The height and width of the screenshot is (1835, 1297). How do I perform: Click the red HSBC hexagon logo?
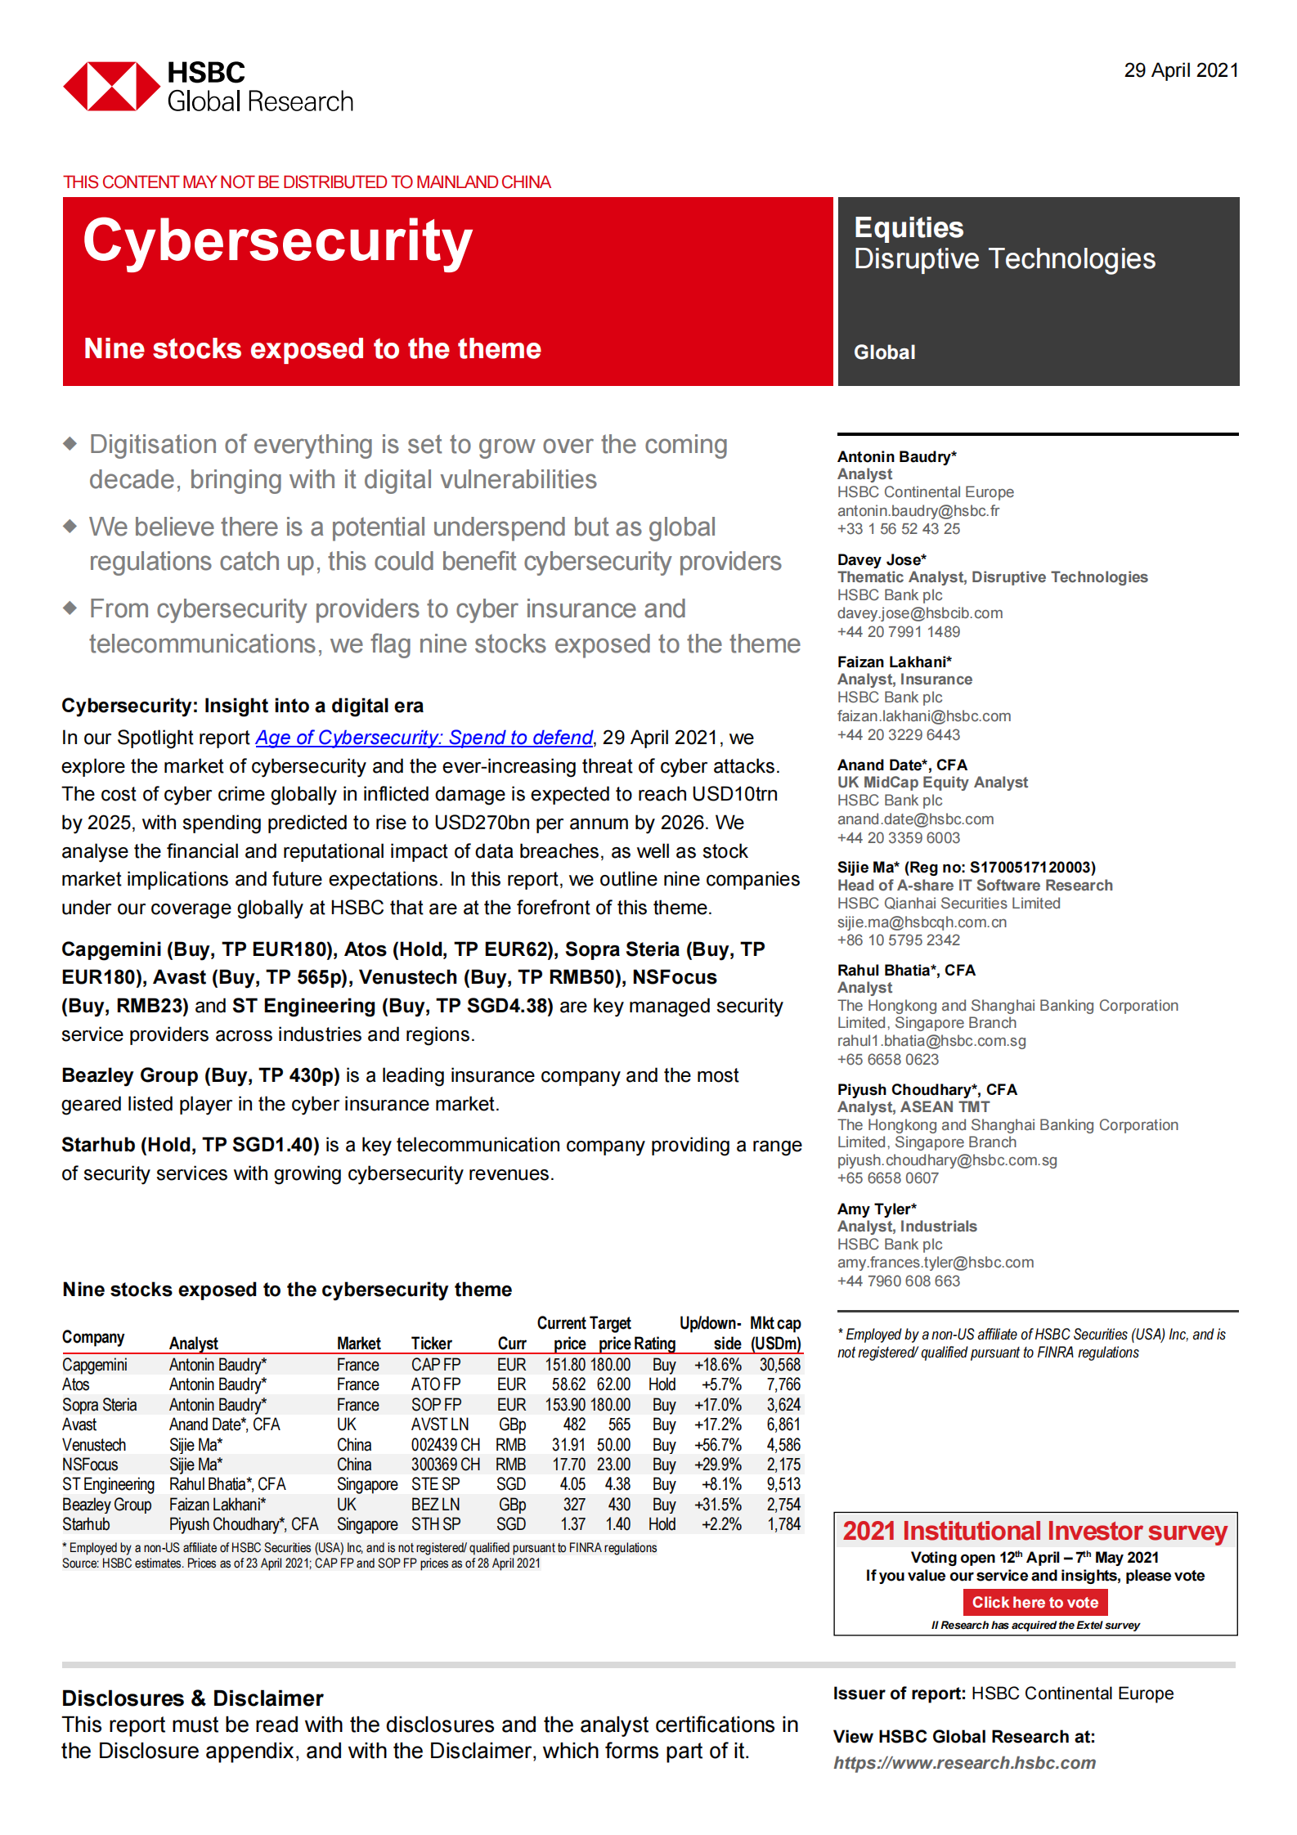pos(111,86)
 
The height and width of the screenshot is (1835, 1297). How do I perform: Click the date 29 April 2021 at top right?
pos(1180,70)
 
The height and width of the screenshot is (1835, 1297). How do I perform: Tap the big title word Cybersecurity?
pos(277,241)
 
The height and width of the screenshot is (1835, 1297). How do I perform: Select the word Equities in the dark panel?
pos(908,227)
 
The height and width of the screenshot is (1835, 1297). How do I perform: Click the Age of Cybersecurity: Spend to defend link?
pos(424,738)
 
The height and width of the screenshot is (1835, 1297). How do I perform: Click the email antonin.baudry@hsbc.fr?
pos(918,511)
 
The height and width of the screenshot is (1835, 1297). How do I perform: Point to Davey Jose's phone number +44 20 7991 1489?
pos(898,632)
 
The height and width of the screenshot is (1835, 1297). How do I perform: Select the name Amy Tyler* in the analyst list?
pos(876,1209)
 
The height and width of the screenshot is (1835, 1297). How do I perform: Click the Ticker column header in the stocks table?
pos(431,1344)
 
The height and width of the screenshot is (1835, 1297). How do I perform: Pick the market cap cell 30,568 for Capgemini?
pos(779,1365)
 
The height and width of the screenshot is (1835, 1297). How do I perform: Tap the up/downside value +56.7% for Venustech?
pos(717,1445)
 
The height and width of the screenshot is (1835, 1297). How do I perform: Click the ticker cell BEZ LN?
pos(435,1505)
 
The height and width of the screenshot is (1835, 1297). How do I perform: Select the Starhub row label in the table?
pos(86,1524)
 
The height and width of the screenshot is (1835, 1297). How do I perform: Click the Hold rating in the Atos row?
pos(662,1384)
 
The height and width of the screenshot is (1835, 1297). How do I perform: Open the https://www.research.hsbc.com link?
pos(964,1763)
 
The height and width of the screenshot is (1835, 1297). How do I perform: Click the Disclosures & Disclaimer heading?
pos(192,1698)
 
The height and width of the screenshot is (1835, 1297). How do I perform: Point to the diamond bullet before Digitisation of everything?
pos(70,444)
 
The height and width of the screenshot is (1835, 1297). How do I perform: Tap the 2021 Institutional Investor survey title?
pos(1034,1531)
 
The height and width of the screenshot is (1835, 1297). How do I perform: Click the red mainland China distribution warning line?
pos(307,182)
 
